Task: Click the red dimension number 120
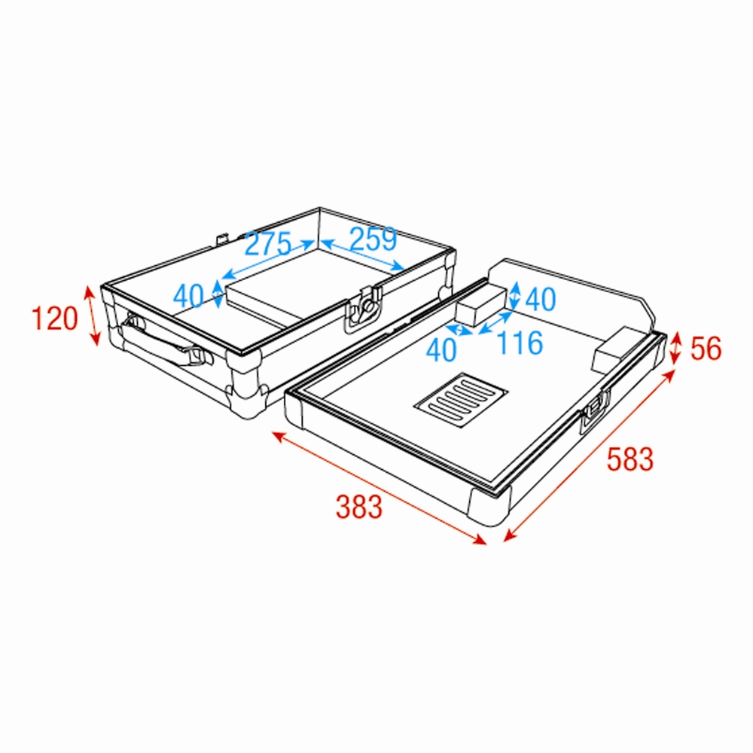click(x=54, y=319)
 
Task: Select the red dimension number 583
click(x=630, y=459)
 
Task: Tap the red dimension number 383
click(x=359, y=507)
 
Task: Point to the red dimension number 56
click(x=706, y=348)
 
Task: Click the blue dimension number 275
click(x=268, y=243)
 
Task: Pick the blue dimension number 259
click(x=373, y=239)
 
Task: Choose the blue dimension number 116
click(x=520, y=343)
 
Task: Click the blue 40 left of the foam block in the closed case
click(x=189, y=296)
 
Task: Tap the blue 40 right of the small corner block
click(x=541, y=299)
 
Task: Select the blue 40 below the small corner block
click(x=441, y=349)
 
